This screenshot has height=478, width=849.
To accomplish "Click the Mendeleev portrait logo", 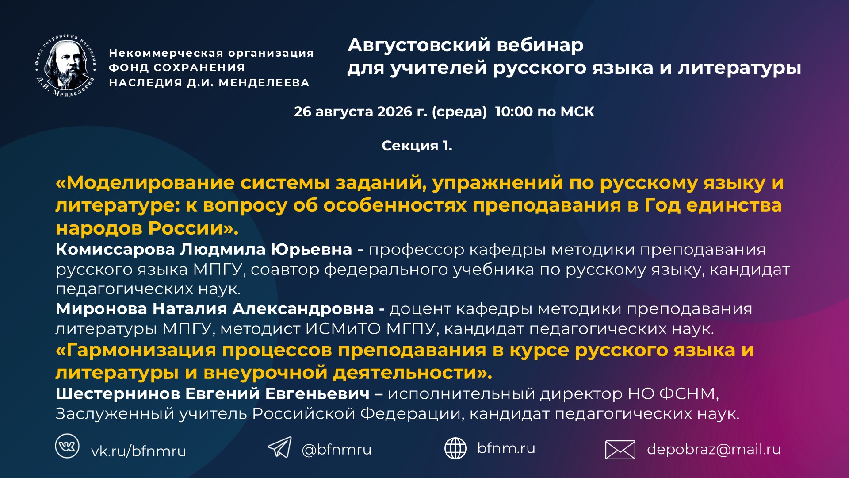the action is (65, 66).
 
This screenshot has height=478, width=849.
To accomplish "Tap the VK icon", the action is (67, 446).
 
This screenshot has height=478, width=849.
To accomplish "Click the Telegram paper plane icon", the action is (279, 447).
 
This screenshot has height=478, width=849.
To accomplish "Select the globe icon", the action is (455, 448).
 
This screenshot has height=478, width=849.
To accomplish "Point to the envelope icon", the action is (620, 450).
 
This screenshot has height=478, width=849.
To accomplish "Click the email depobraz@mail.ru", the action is (714, 449).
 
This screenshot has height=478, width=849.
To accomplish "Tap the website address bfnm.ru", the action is (506, 448).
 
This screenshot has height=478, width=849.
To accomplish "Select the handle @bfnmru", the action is (337, 450).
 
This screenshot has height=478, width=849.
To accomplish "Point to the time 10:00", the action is (514, 112).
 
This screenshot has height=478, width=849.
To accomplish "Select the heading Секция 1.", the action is (417, 146).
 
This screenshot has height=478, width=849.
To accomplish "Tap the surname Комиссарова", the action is (115, 250).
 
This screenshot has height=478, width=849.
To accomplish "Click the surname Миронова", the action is (101, 309).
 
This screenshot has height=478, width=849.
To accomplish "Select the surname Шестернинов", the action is (117, 393).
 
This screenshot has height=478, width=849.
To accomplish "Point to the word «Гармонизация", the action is (136, 350).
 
